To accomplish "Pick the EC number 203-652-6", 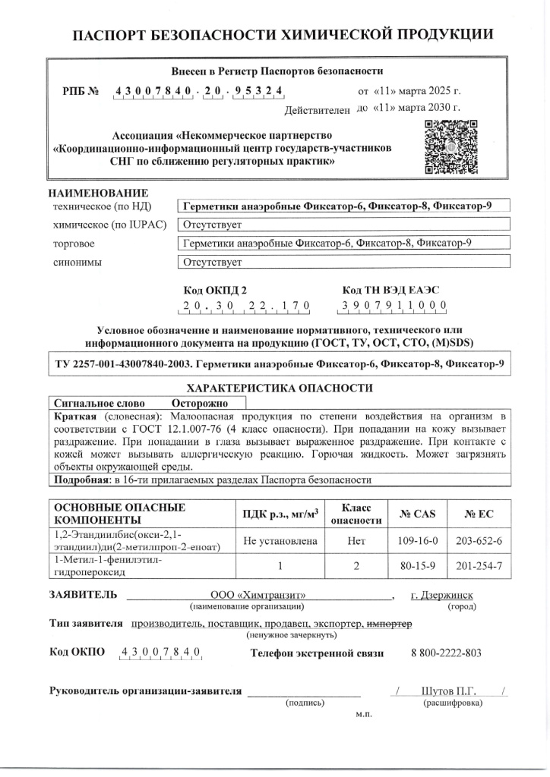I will (x=479, y=541).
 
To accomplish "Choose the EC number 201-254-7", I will (x=479, y=566).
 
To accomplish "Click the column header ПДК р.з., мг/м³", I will (x=279, y=514).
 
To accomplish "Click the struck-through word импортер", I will (x=389, y=624).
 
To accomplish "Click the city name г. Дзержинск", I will (x=441, y=595).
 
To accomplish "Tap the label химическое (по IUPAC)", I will (x=106, y=225).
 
